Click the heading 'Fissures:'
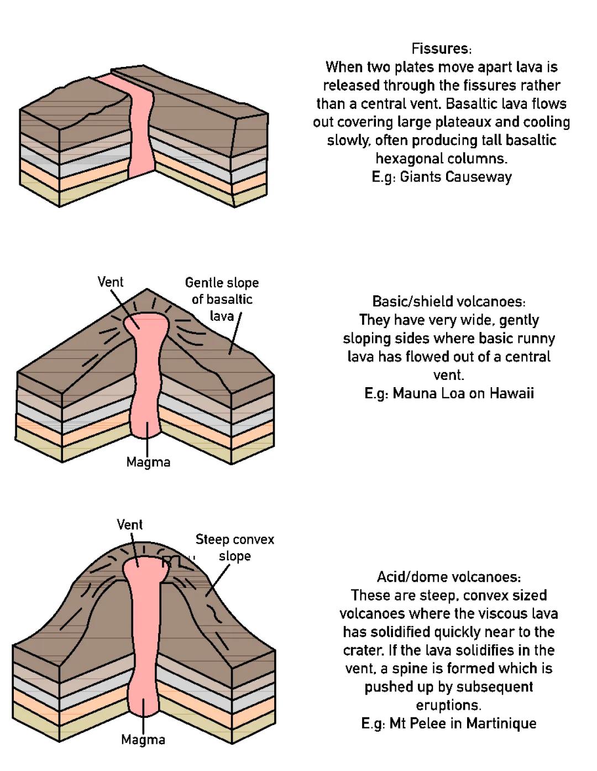click(x=441, y=49)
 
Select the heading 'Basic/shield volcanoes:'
click(x=448, y=301)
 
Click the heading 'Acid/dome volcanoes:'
click(x=448, y=577)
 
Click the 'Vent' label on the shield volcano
click(x=111, y=282)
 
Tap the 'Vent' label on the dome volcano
click(x=130, y=524)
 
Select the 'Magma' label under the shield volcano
click(x=148, y=462)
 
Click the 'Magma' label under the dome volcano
click(x=143, y=739)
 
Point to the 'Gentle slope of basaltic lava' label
click(x=222, y=299)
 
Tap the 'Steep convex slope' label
click(x=234, y=548)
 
